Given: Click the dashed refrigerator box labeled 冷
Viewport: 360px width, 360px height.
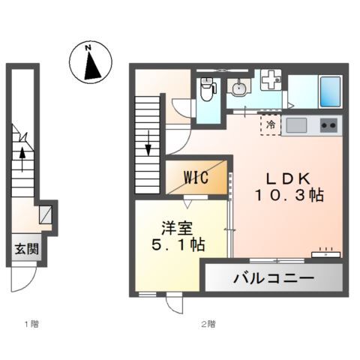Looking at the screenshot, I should point(271,125).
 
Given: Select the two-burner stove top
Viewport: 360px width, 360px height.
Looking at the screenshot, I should point(328,124).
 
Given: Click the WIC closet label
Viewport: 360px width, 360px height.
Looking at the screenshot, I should point(196,178).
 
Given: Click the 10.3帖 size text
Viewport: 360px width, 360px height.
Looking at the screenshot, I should point(289,196).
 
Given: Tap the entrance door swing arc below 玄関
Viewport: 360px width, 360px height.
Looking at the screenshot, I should point(22,281).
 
